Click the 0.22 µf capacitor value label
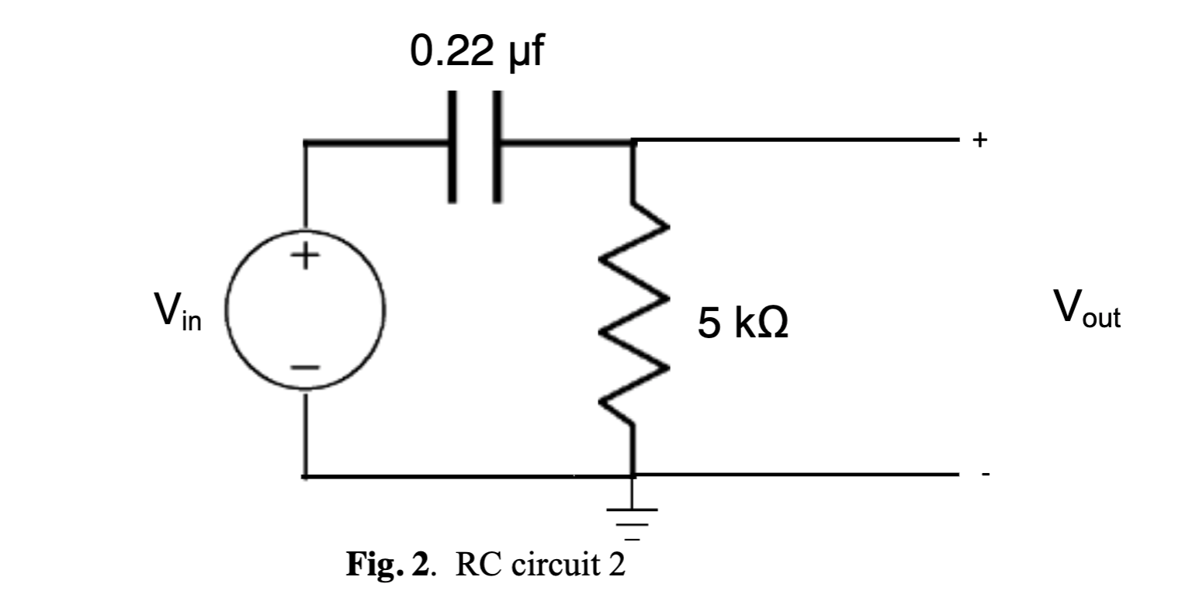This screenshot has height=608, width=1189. [477, 53]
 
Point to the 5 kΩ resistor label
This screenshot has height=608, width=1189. [743, 325]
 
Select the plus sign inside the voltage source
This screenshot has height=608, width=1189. [306, 256]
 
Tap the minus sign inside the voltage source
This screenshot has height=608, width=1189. [306, 368]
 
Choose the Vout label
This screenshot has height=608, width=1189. [1086, 310]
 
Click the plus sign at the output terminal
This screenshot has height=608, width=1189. [980, 140]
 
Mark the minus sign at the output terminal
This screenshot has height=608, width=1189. [984, 475]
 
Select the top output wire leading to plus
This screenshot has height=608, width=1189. [799, 140]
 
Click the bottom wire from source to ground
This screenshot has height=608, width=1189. [466, 475]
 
